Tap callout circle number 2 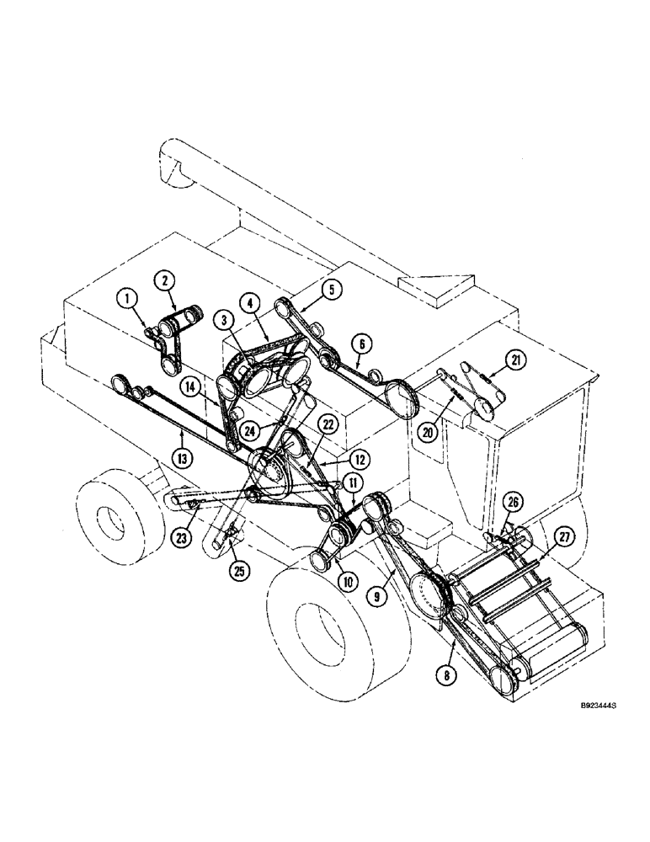click(164, 280)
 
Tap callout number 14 click(191, 387)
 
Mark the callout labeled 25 click(240, 569)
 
